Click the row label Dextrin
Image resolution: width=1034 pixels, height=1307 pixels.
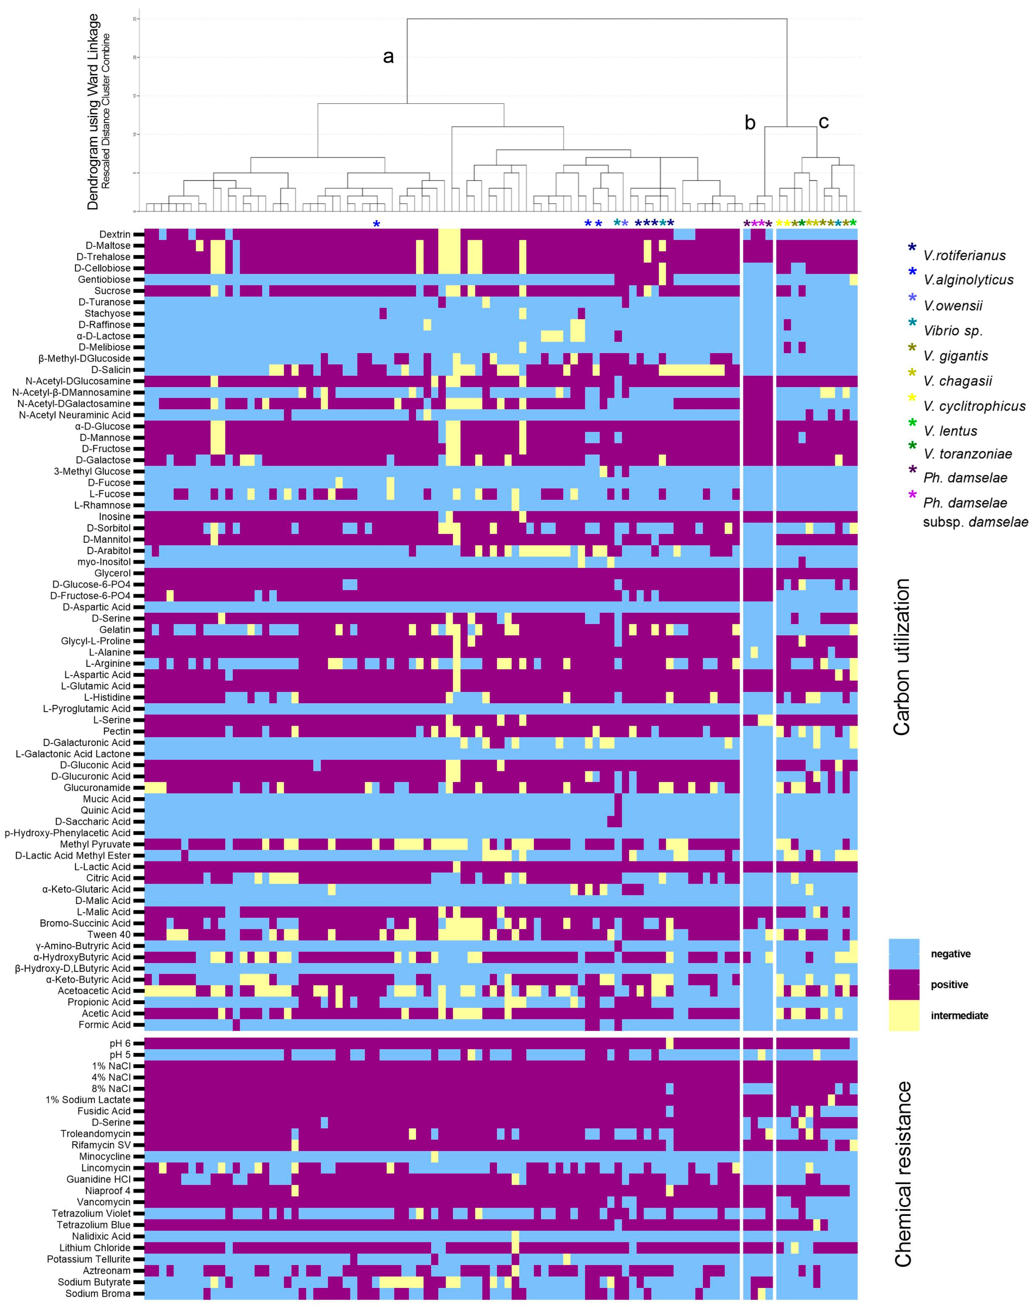115,234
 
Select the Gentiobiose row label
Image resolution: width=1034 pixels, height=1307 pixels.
104,279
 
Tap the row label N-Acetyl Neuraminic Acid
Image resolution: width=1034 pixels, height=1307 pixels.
75,415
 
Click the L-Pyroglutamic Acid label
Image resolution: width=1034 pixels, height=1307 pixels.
87,709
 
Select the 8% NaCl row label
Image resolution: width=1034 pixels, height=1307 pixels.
111,1088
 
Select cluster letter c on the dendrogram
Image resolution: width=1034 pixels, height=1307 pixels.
823,122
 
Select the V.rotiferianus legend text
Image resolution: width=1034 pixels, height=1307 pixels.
964,256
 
